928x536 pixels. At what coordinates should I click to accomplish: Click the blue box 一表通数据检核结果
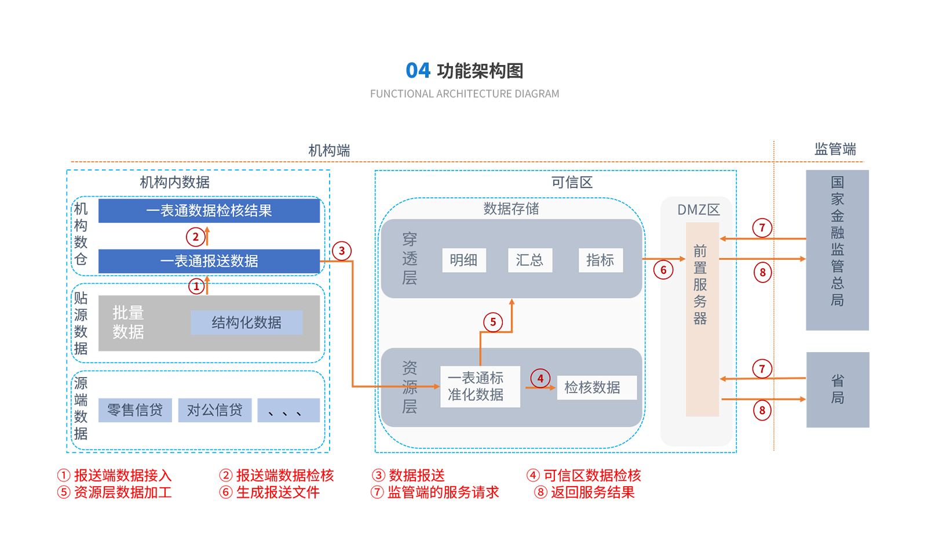(209, 211)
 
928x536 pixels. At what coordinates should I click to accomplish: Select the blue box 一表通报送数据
(209, 261)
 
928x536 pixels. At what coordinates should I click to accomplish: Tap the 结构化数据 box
(246, 323)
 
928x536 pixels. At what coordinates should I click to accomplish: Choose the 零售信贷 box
(135, 410)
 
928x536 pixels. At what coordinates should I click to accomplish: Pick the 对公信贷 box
(214, 410)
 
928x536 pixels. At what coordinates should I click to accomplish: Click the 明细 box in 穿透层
(463, 260)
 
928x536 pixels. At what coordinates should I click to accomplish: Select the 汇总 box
(529, 260)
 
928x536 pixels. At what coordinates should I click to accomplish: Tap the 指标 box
(600, 260)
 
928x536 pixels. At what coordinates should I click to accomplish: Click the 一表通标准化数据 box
(480, 386)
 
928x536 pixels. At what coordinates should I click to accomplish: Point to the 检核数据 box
(596, 387)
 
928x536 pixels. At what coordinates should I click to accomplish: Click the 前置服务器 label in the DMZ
(700, 284)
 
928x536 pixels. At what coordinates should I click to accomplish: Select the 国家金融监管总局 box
(837, 249)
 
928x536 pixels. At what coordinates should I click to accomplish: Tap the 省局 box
(838, 389)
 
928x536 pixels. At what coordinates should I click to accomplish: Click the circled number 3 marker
(342, 251)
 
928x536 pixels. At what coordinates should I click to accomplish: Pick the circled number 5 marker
(493, 322)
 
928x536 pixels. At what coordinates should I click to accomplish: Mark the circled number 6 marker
(663, 270)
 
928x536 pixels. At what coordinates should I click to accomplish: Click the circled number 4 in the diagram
(540, 379)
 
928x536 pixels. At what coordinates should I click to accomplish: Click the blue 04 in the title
(418, 71)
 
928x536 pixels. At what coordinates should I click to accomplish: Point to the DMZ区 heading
(699, 209)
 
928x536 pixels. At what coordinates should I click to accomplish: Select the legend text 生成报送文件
(277, 492)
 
